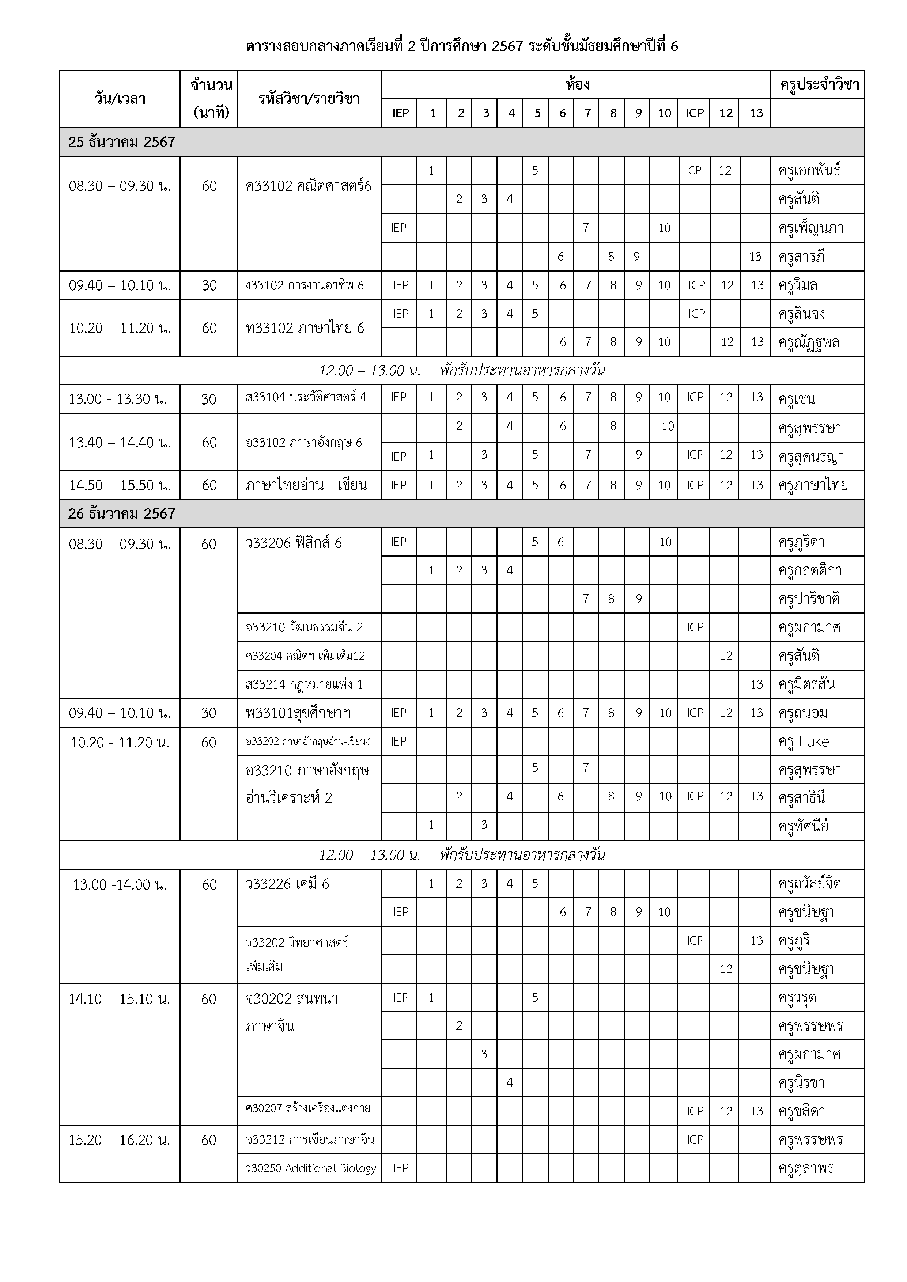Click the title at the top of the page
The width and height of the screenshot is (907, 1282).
461,46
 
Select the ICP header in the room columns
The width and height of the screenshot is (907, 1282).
694,113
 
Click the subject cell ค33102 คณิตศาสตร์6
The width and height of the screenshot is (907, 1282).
308,186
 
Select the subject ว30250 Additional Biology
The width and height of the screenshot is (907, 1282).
310,1168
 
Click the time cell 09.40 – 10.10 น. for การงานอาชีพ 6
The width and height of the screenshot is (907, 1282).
120,285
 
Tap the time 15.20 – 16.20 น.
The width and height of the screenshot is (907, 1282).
120,1139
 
